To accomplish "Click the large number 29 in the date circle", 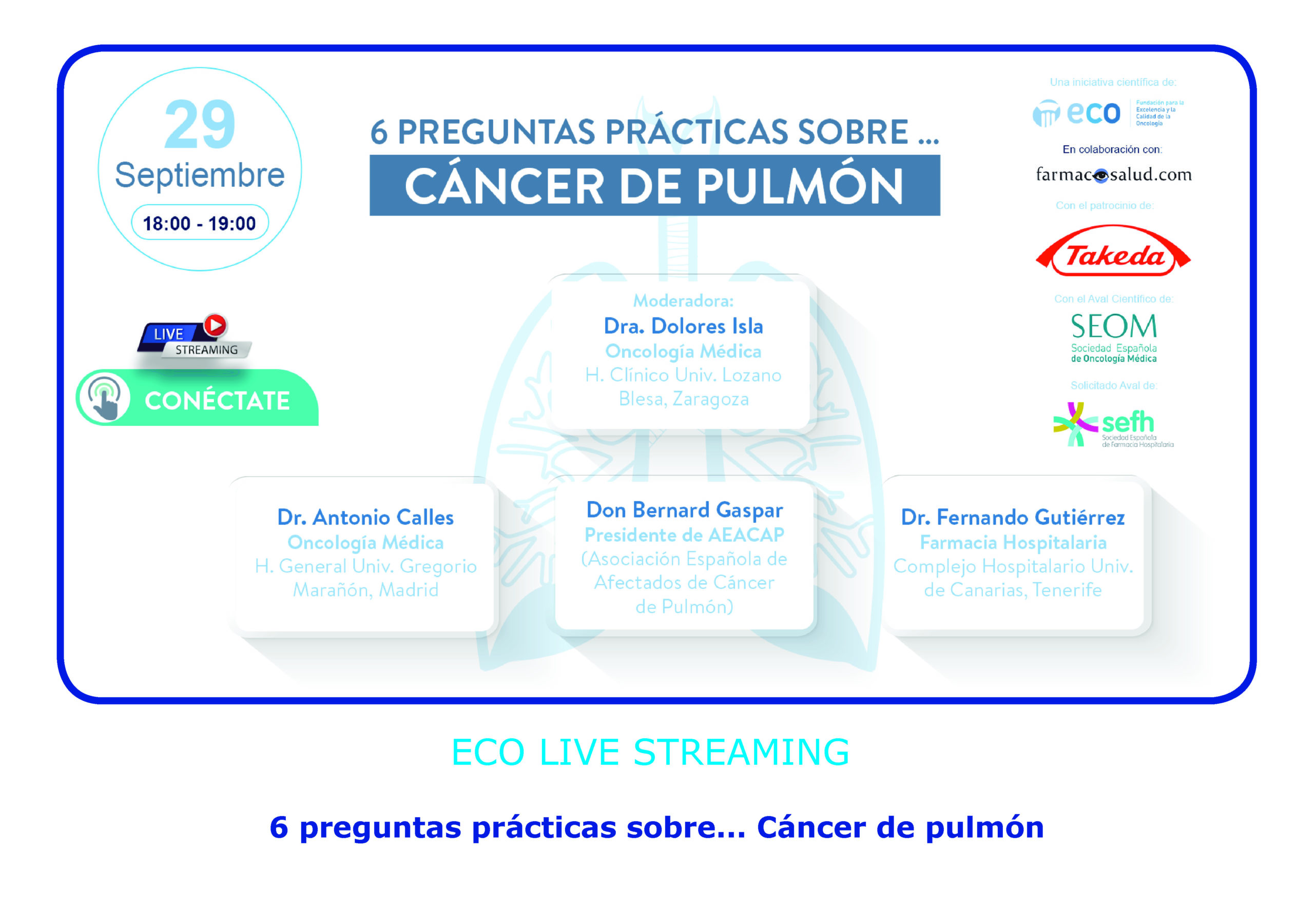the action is tap(200, 124).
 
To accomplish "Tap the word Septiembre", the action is tap(200, 175).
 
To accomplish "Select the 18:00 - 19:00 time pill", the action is tap(200, 223).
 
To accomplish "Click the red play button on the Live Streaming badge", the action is tap(216, 325).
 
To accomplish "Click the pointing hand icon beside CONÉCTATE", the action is tap(104, 398).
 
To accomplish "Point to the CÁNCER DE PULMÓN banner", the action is tap(655, 185).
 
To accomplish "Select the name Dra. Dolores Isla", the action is tap(683, 326).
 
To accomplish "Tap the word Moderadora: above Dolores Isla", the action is tap(683, 300).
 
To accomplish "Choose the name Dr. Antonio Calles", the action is tap(365, 517).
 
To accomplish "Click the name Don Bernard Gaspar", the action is tap(684, 510).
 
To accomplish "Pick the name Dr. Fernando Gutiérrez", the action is tap(1013, 517).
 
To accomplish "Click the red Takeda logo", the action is tap(1113, 252).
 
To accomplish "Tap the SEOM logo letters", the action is tap(1113, 326).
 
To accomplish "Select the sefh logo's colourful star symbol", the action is tap(1075, 424).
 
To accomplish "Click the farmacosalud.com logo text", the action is tap(1113, 174).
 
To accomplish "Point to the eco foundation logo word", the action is tap(1093, 113).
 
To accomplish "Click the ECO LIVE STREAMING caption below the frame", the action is tap(650, 752).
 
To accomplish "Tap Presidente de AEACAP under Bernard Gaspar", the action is tap(684, 535).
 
